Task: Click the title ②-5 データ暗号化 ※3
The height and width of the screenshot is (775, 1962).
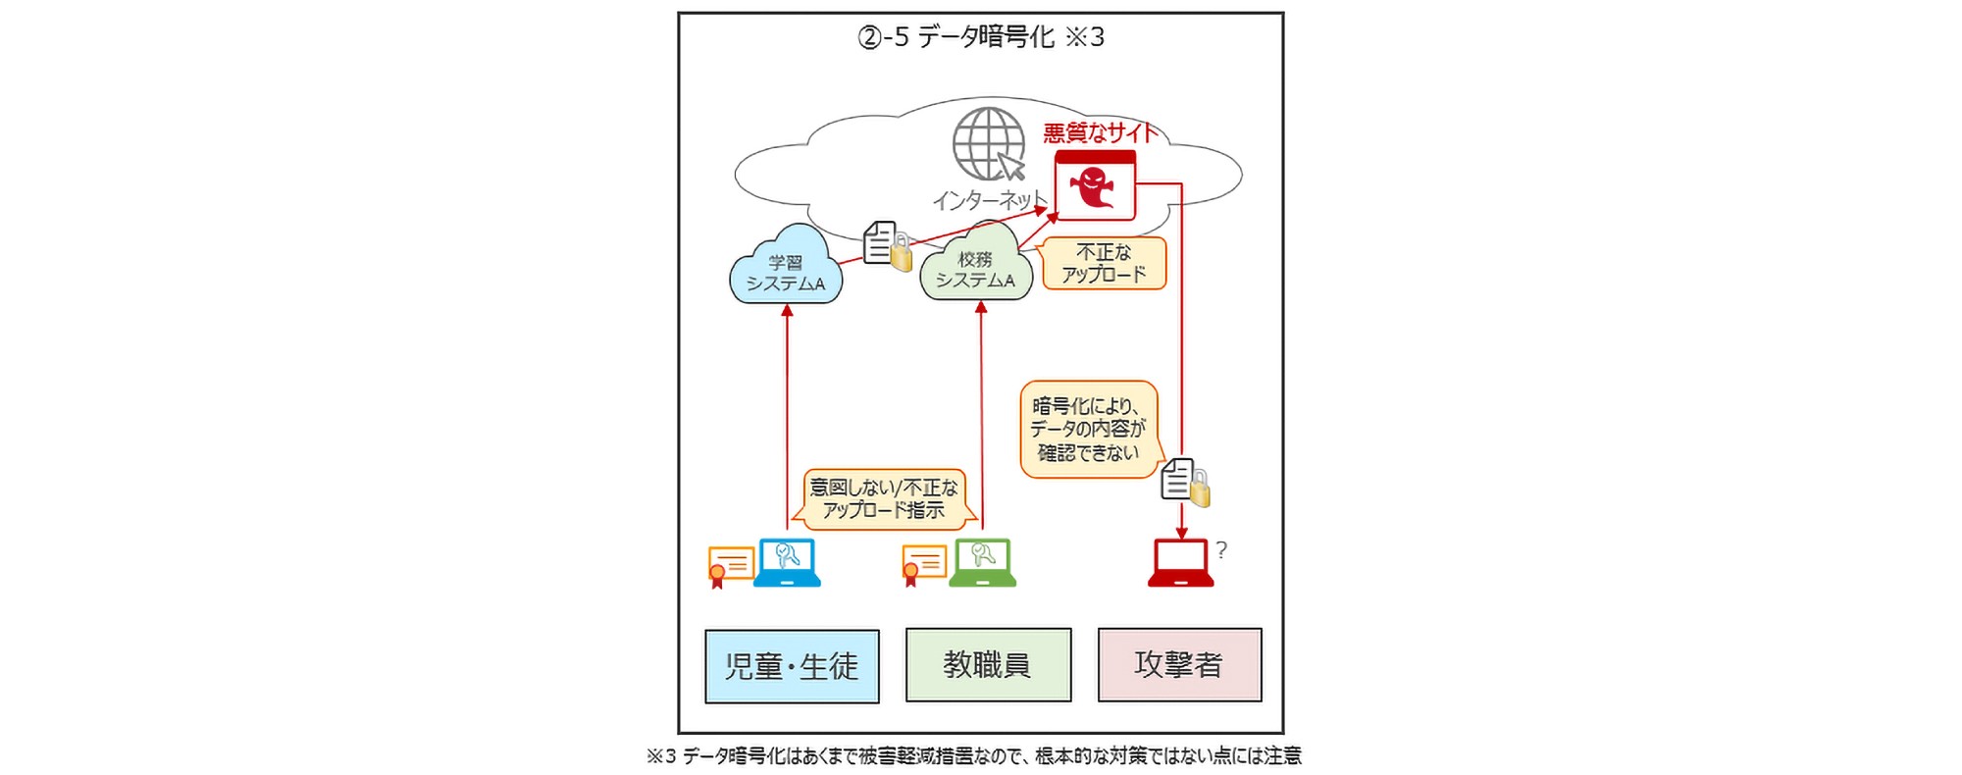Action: (981, 37)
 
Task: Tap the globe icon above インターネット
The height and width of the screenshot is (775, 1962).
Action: (988, 144)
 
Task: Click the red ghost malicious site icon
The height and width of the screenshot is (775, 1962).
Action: (1094, 185)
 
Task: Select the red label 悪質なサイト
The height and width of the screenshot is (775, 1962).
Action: (1100, 132)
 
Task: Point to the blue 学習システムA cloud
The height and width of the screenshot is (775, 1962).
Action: (786, 269)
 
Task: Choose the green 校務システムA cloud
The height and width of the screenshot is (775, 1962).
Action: (975, 267)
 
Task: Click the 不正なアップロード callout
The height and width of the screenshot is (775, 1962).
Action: (1104, 263)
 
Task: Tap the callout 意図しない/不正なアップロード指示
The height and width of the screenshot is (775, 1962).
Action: (883, 498)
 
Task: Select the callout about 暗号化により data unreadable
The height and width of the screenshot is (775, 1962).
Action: (1088, 429)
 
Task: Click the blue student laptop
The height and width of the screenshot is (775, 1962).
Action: (787, 562)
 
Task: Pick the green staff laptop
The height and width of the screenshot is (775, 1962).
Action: (982, 562)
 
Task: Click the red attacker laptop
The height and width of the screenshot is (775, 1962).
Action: (1181, 563)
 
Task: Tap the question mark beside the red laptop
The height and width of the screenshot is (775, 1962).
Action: (1221, 550)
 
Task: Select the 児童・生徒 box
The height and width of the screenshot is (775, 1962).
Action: (792, 666)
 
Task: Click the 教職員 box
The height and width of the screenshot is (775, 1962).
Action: (987, 665)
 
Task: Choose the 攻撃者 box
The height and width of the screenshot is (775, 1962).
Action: (1179, 665)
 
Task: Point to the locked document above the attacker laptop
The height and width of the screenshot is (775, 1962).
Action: (1184, 482)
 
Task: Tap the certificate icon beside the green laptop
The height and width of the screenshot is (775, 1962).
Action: (923, 565)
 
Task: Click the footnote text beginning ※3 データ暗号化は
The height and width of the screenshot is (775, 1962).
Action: (973, 755)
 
